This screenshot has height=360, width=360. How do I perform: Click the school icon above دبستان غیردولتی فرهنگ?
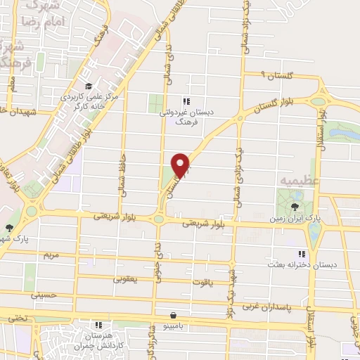click(x=186, y=101)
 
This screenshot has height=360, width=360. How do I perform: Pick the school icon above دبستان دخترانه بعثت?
click(x=302, y=254)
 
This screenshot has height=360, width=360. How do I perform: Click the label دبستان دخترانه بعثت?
click(x=301, y=266)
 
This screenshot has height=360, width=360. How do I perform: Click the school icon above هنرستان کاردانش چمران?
click(x=99, y=325)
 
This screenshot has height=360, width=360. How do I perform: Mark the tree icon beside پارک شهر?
click(x=8, y=227)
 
